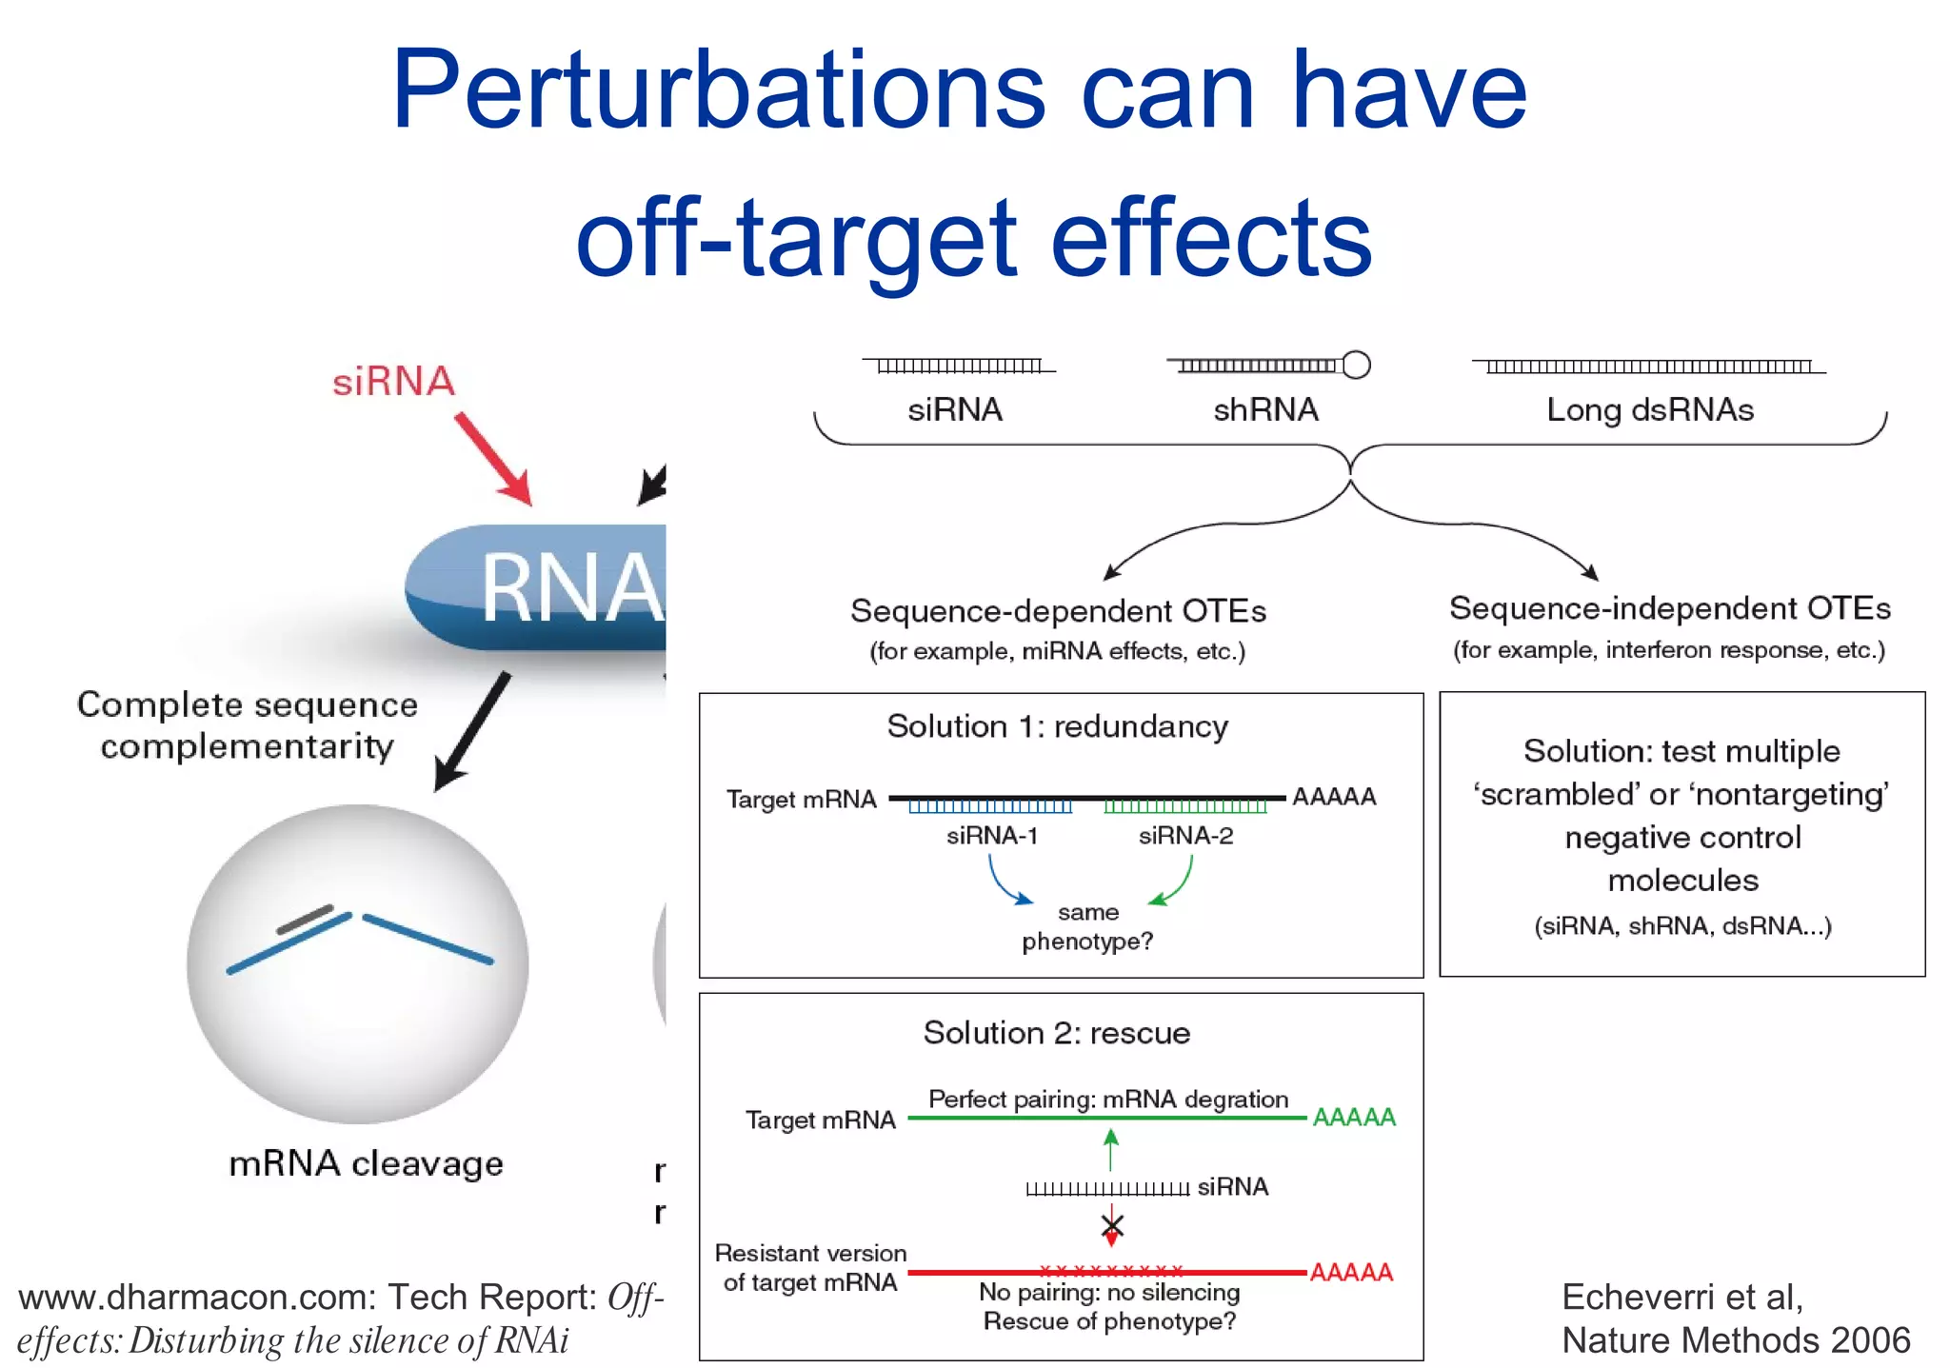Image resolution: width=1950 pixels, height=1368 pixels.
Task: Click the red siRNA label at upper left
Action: click(x=393, y=381)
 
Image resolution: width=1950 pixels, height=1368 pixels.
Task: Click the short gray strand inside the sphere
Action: click(x=305, y=919)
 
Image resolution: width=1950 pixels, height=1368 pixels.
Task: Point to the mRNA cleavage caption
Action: click(x=366, y=1163)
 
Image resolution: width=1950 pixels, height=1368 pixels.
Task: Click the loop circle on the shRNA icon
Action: click(x=1356, y=365)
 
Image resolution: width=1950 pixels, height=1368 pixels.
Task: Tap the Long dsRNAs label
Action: click(x=1649, y=409)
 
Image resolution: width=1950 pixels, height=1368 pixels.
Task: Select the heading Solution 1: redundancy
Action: click(x=1057, y=726)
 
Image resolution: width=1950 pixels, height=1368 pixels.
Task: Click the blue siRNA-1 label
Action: click(x=991, y=836)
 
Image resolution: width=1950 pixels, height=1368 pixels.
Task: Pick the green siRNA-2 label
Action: click(x=1185, y=836)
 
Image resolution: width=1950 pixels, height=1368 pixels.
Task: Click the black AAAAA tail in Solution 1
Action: click(x=1334, y=797)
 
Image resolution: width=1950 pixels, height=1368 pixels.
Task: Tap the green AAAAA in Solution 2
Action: click(x=1354, y=1117)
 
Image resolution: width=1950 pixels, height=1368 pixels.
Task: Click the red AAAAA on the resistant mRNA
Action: click(x=1351, y=1272)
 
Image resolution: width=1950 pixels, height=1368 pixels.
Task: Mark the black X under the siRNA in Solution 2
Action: click(x=1112, y=1225)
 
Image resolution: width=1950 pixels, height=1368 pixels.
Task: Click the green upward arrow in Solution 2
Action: click(x=1110, y=1149)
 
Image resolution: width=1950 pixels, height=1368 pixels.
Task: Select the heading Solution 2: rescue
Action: click(x=1056, y=1033)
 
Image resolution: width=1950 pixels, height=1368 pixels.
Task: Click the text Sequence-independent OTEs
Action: click(x=1669, y=608)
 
